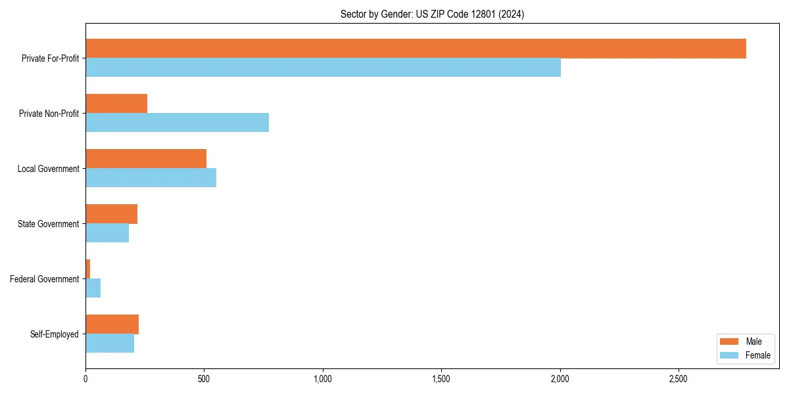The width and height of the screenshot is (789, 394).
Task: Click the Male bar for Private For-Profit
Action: click(x=416, y=49)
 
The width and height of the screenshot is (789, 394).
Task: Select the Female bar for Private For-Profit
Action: click(x=323, y=68)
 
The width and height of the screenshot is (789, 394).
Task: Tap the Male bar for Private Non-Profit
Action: click(x=116, y=104)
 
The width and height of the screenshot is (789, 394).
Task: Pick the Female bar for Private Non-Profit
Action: click(x=177, y=123)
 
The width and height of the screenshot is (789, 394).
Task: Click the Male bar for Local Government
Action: click(x=146, y=159)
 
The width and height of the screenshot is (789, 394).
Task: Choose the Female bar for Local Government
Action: click(x=151, y=178)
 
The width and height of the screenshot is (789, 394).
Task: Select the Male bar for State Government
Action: click(x=111, y=214)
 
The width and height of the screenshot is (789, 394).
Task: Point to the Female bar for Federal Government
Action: click(x=93, y=288)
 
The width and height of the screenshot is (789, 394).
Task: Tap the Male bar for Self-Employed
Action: click(x=112, y=324)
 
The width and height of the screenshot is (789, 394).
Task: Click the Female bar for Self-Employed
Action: click(x=110, y=343)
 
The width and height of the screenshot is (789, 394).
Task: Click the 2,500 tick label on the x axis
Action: click(x=679, y=379)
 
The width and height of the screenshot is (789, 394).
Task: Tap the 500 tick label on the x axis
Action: click(x=204, y=379)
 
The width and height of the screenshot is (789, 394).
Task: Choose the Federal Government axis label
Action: click(x=44, y=279)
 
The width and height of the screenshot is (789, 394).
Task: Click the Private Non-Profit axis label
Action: click(x=49, y=114)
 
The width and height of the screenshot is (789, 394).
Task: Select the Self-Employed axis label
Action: click(x=54, y=334)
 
